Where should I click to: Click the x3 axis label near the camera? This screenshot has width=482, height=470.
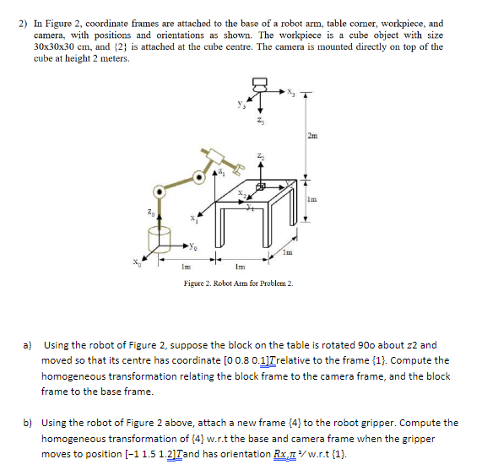[x=292, y=93]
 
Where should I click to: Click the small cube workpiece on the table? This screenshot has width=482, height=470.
[x=261, y=184]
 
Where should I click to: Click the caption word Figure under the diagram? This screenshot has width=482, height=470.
[x=196, y=284]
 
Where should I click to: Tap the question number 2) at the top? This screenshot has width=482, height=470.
[x=22, y=24]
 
